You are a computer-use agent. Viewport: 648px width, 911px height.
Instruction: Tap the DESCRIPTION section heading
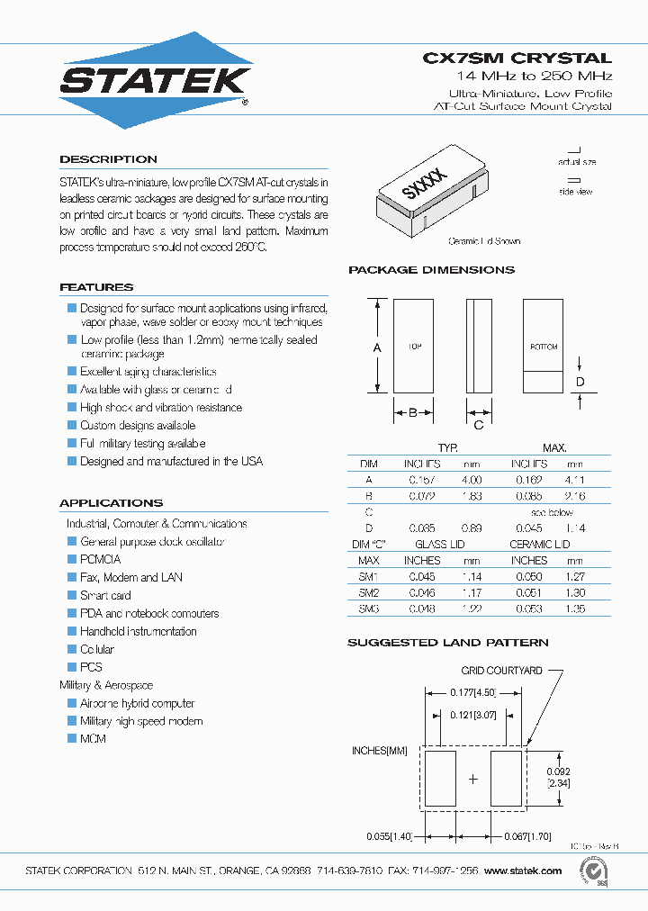tap(108, 159)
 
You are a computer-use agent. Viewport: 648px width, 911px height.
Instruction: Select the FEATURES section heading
tap(96, 287)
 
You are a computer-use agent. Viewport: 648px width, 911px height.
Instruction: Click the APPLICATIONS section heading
tap(111, 503)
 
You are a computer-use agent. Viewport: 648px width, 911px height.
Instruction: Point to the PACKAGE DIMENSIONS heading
tap(431, 270)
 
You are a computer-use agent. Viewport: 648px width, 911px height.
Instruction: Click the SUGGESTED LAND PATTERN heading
tap(447, 643)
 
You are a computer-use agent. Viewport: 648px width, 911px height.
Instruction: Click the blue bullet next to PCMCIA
tap(72, 559)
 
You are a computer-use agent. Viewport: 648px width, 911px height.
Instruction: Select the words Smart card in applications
tap(105, 595)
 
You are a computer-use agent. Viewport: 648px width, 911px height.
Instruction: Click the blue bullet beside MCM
tap(72, 738)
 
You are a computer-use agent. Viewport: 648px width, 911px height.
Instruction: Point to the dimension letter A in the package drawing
tap(377, 347)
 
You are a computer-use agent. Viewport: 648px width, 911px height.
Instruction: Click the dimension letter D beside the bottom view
tap(580, 382)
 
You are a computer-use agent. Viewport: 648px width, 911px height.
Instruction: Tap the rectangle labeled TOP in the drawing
tap(414, 347)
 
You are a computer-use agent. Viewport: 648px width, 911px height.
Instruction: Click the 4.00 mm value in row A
tap(472, 480)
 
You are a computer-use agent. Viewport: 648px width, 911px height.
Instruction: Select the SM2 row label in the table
tap(369, 592)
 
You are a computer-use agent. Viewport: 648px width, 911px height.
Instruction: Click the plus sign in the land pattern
tap(472, 778)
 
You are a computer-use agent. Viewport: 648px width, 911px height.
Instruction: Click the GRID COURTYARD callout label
tap(501, 671)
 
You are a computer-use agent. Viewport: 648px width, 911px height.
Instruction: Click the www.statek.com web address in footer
tap(523, 870)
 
